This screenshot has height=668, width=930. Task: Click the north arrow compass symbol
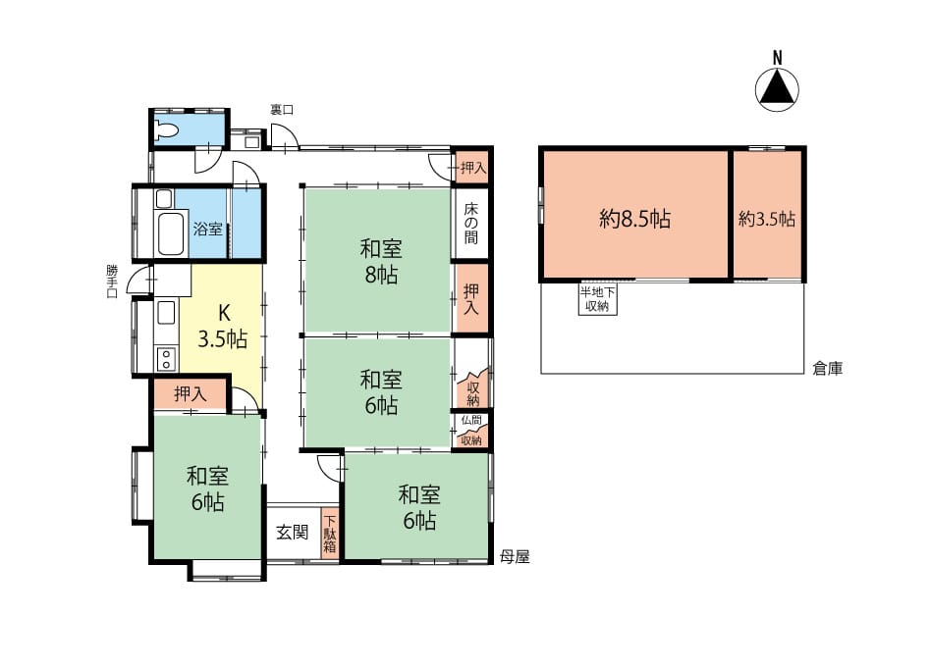tap(777, 89)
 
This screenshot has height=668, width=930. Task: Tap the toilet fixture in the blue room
tap(166, 130)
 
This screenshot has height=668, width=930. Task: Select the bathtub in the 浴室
tap(170, 232)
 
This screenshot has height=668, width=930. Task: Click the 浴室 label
tap(207, 229)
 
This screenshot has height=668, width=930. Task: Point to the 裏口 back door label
tap(282, 110)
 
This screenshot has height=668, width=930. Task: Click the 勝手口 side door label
tap(112, 282)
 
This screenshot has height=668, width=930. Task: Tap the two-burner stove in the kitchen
tap(166, 358)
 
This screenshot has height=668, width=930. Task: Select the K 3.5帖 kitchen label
tap(222, 327)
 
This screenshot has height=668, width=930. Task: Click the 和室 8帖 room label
tap(381, 262)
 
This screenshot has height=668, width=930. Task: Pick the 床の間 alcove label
tap(471, 224)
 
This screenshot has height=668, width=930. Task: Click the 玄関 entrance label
tap(293, 532)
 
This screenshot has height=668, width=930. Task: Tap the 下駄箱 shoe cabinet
tap(330, 534)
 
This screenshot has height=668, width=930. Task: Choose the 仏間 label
tap(471, 420)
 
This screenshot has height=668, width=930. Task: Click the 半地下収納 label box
tap(597, 299)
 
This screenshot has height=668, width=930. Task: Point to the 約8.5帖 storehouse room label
tap(634, 219)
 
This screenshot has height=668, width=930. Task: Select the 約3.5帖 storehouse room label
tap(767, 219)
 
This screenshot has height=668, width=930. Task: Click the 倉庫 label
tap(828, 369)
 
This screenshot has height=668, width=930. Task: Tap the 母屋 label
tap(515, 557)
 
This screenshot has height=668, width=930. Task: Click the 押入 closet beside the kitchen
tap(191, 393)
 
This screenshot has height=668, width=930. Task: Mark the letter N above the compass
tap(777, 58)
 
